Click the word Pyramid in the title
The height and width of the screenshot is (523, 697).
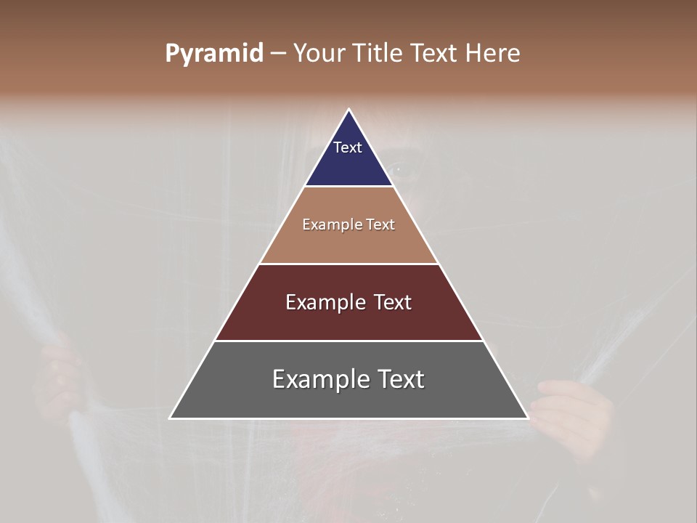pyautogui.click(x=213, y=54)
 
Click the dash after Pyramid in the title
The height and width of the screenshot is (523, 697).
pyautogui.click(x=278, y=54)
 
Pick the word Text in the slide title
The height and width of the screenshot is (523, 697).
pyautogui.click(x=434, y=54)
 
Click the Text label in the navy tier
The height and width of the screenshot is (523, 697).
pyautogui.click(x=348, y=147)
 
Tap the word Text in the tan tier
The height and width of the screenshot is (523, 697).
pyautogui.click(x=381, y=225)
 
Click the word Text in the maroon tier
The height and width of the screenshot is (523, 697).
pyautogui.click(x=393, y=302)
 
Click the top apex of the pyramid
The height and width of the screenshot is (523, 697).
pyautogui.click(x=349, y=110)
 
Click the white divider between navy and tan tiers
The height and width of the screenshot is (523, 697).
pyautogui.click(x=349, y=187)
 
